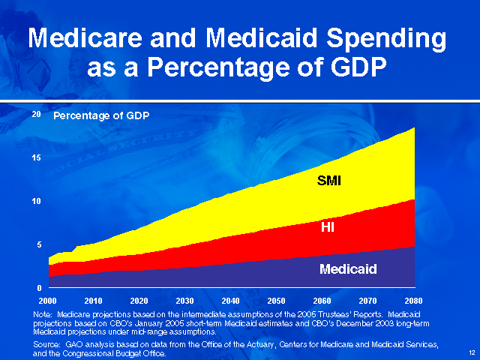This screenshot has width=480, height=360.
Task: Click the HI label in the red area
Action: [x=328, y=227]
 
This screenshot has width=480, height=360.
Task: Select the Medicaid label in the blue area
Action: [x=348, y=268]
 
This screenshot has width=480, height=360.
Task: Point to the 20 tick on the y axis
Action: [x=37, y=115]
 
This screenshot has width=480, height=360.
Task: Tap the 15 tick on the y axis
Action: [x=37, y=157]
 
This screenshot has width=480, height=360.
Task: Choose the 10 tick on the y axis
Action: [x=37, y=201]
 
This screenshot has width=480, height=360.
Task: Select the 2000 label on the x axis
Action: [x=48, y=301]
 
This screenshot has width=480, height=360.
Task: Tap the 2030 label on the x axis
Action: [x=184, y=301]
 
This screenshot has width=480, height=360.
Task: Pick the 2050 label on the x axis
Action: [x=276, y=301]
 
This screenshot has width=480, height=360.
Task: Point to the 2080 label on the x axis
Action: [x=413, y=301]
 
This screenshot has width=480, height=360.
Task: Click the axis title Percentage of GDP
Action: [x=101, y=116]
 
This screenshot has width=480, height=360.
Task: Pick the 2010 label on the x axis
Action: [x=93, y=301]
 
